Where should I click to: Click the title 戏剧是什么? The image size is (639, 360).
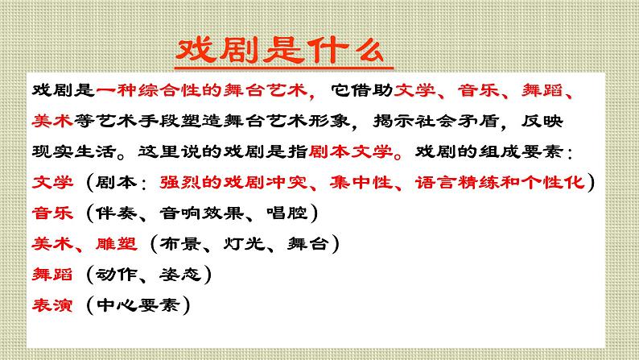click(278, 52)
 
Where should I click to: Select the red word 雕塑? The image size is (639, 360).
click(122, 243)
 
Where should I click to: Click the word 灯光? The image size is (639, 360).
click(242, 243)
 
